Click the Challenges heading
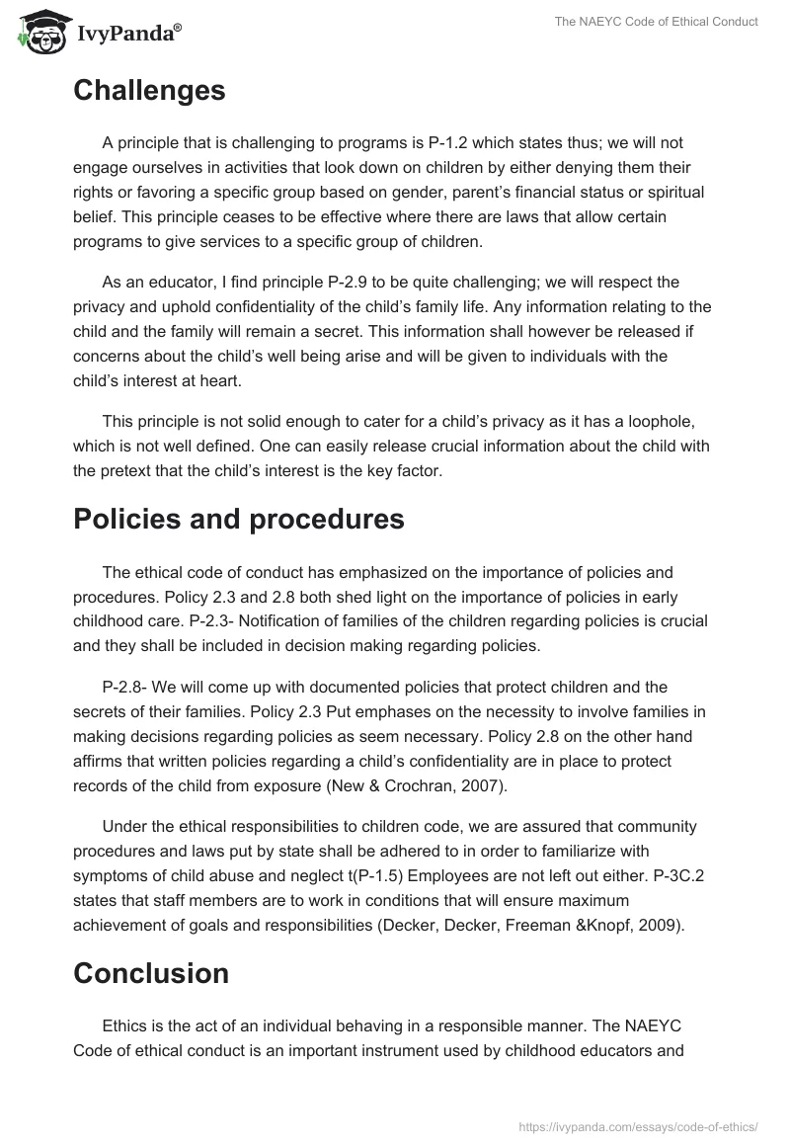click(149, 91)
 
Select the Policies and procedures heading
click(238, 520)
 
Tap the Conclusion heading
click(151, 973)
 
